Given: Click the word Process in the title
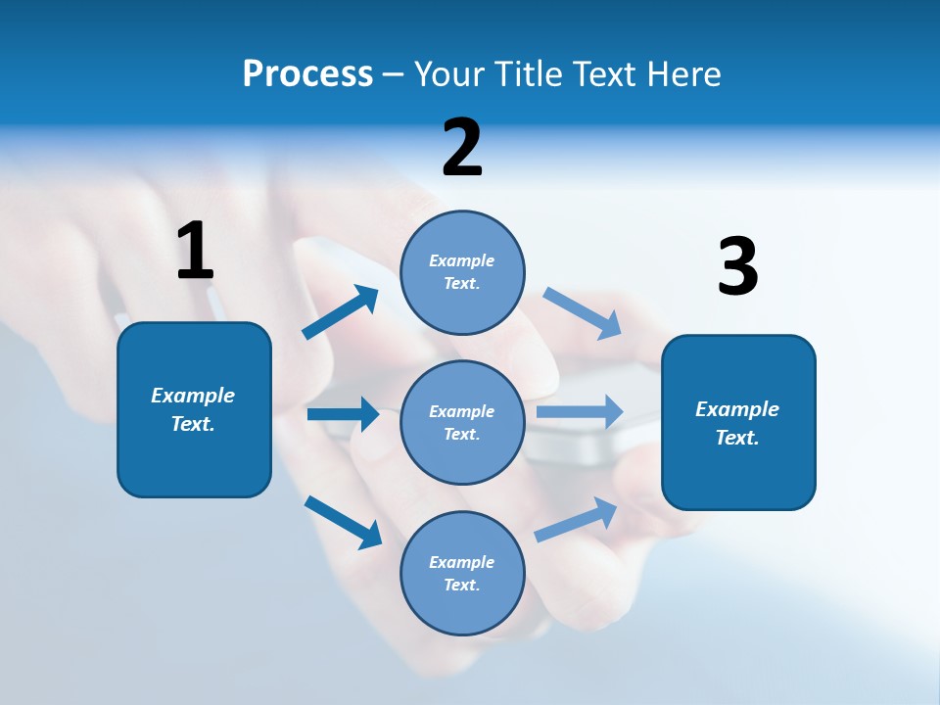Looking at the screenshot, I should tap(307, 74).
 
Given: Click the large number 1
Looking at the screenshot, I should tap(195, 251).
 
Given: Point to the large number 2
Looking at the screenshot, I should tap(462, 148).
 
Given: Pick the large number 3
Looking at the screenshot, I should tap(737, 266).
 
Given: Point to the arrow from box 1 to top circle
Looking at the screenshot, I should tap(340, 313).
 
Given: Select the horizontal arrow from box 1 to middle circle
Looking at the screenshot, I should tap(343, 414).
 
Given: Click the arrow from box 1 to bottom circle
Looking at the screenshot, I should tap(343, 521).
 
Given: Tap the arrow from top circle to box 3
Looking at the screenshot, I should tap(583, 313).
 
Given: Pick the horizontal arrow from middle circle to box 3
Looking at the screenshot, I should tap(580, 411).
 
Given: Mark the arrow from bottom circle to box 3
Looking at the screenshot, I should tap(577, 519).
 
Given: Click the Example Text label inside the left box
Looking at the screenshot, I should tap(193, 409).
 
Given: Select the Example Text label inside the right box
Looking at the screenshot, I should tap(737, 423).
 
